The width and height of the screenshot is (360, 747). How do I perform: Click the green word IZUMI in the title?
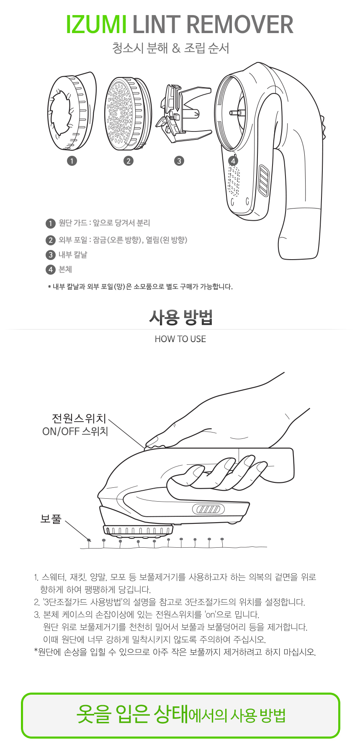96,25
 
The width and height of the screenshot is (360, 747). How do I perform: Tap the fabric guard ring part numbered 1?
71,111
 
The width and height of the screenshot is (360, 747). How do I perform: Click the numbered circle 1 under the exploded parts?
72,161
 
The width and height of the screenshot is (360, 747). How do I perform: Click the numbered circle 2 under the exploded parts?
129,161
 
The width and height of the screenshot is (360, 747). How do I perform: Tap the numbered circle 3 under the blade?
179,161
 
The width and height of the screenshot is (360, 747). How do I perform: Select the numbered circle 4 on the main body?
233,161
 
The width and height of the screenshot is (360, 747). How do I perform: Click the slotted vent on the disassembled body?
264,180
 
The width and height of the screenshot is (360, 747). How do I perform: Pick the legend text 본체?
65,269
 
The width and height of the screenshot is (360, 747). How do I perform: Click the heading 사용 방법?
180,317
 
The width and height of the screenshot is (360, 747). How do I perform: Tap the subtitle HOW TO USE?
180,339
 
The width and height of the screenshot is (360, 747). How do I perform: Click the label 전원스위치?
79,418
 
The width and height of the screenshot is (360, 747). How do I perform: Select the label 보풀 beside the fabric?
51,519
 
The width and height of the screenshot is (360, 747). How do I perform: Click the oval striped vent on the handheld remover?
208,509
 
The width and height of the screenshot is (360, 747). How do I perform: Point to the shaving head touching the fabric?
138,530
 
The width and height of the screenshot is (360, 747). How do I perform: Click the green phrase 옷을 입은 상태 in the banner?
132,714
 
